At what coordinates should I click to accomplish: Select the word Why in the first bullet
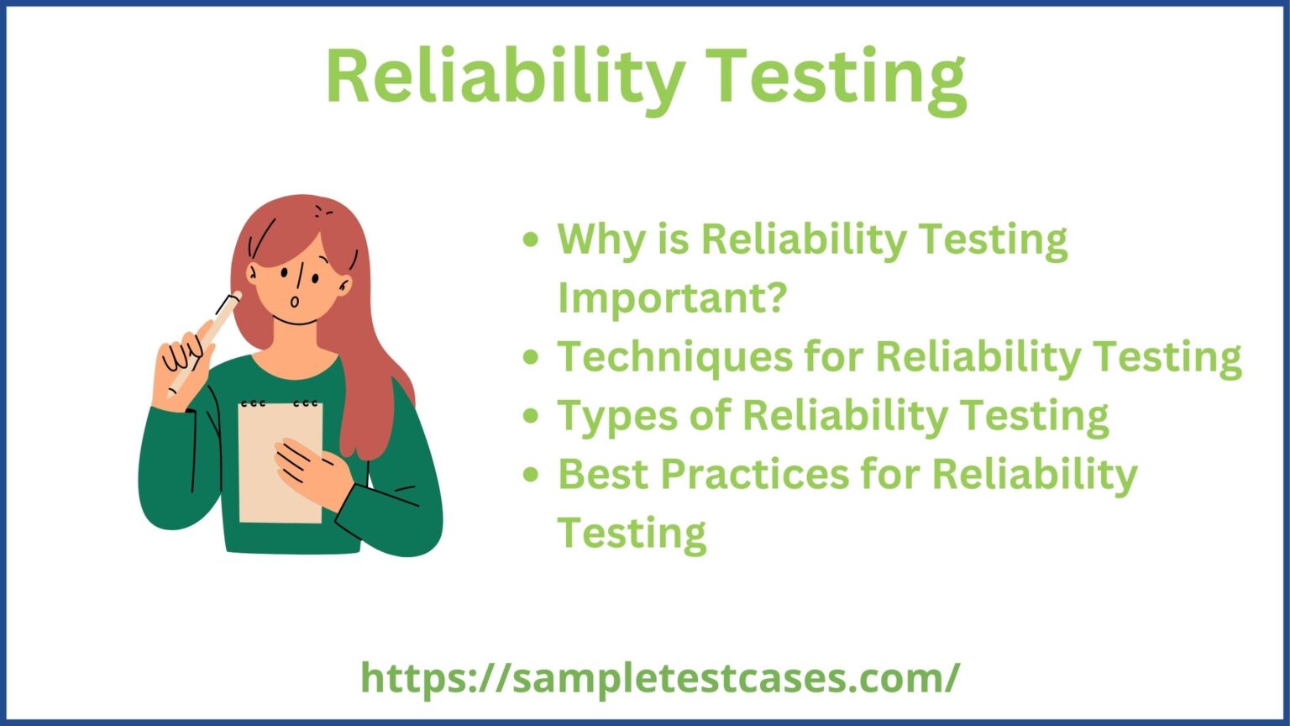(596, 240)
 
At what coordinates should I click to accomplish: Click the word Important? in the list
(672, 297)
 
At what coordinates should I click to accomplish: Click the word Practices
(754, 474)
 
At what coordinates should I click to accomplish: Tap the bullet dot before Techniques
(530, 357)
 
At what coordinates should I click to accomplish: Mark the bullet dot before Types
(530, 416)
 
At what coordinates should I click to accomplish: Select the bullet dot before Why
(530, 240)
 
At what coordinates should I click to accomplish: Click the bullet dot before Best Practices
(530, 475)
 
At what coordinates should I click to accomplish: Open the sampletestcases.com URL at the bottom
(660, 677)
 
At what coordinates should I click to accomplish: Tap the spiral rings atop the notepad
(280, 403)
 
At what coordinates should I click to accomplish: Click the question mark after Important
(774, 297)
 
